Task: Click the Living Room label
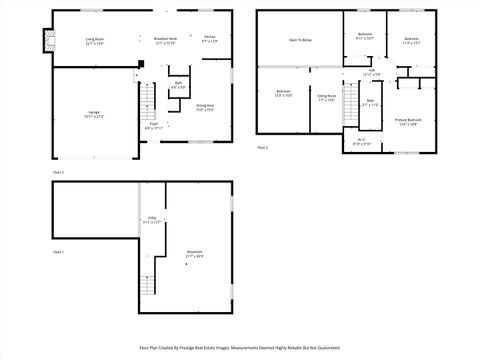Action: click(x=95, y=41)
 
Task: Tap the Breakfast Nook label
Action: click(x=165, y=41)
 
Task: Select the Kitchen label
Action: click(x=209, y=40)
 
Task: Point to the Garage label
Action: click(x=94, y=113)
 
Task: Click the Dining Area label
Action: click(x=205, y=107)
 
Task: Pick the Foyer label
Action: click(x=153, y=127)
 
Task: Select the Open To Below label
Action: click(x=300, y=41)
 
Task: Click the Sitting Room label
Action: click(x=327, y=99)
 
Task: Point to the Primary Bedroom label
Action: click(x=408, y=121)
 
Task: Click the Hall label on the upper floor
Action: click(x=371, y=73)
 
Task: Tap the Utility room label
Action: click(x=152, y=221)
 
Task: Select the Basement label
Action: click(x=194, y=254)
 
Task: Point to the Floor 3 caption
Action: click(x=263, y=147)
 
